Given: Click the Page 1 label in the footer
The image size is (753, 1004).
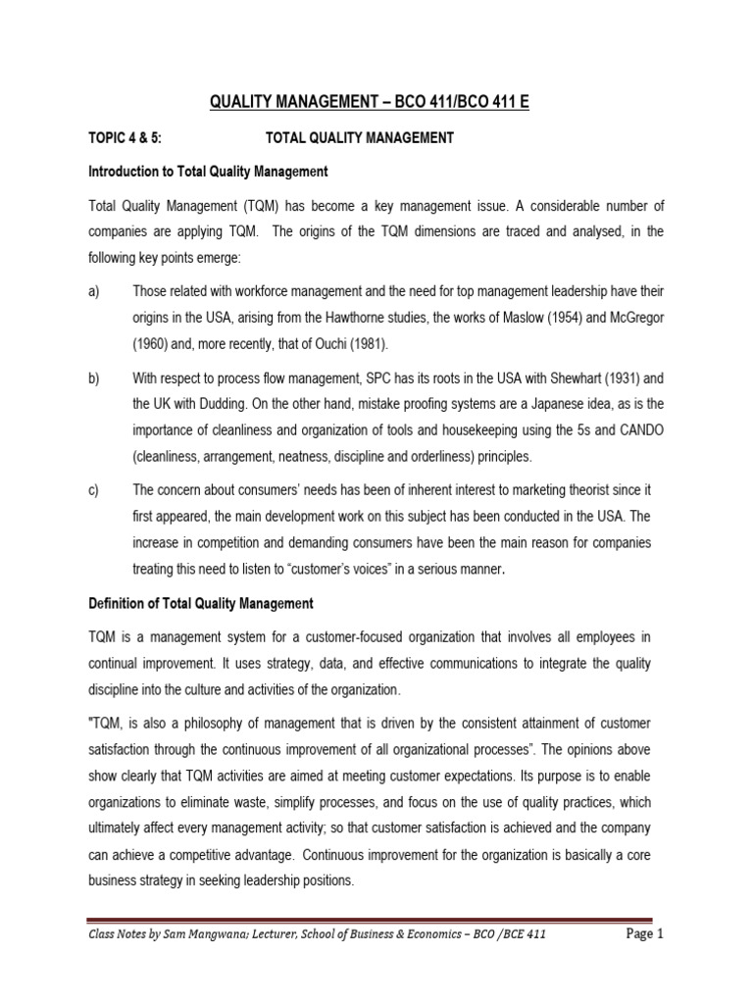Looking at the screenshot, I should click(645, 934).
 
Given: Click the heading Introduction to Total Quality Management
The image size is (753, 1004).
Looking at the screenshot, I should click(208, 172).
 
